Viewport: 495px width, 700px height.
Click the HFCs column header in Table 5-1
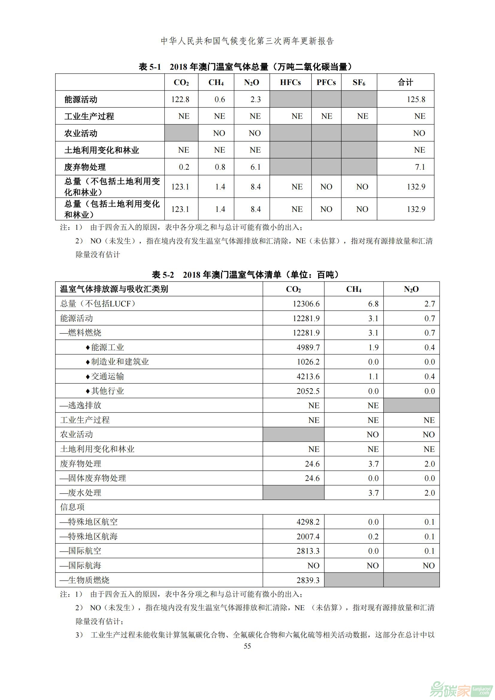coord(290,82)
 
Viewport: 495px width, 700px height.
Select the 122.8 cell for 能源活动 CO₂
coord(180,99)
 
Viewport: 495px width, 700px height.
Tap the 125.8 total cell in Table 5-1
coord(416,99)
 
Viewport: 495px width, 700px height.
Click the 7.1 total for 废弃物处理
coord(420,167)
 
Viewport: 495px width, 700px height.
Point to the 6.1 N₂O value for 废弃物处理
coord(255,167)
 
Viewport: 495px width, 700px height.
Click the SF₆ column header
coord(359,82)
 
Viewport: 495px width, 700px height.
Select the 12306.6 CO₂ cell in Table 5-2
coord(306,304)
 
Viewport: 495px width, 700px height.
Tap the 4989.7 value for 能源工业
coord(308,347)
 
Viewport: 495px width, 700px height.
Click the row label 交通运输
coord(108,376)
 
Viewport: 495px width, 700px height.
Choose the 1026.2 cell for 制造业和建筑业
coord(308,362)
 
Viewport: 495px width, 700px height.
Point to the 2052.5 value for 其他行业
coord(308,391)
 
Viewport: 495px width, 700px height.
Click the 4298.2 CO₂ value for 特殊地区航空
coord(308,522)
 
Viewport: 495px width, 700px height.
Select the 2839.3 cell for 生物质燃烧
coord(308,580)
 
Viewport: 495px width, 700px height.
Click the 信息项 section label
coord(72,507)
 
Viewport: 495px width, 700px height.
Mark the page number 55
coord(247,646)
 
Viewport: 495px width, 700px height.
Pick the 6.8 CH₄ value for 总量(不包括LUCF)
coord(373,304)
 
